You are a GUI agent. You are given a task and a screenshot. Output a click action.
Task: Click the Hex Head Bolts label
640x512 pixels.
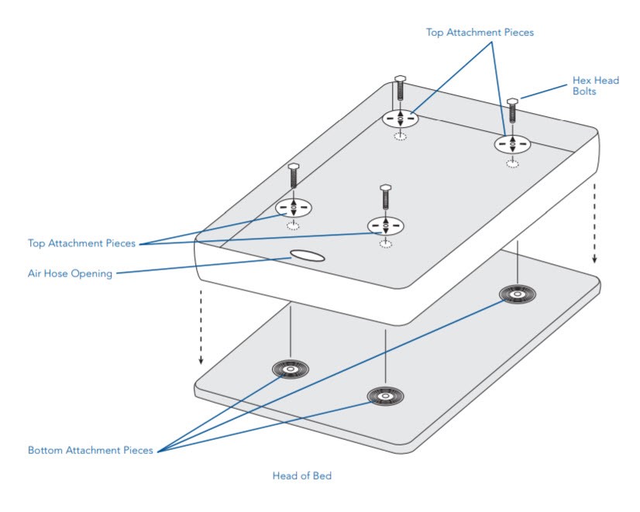[x=595, y=86]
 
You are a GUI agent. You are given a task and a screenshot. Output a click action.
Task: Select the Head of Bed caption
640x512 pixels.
[x=301, y=476]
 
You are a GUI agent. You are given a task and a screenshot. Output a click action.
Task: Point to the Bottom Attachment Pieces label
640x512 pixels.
[x=91, y=450]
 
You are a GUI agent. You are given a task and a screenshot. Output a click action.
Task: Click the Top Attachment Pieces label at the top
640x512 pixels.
[x=480, y=33]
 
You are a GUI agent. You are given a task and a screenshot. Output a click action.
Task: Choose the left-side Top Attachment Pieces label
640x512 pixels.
[x=81, y=243]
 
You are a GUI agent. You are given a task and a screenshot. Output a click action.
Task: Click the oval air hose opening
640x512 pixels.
[x=307, y=256]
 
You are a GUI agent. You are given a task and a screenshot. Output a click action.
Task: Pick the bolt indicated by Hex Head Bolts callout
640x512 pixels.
[x=512, y=115]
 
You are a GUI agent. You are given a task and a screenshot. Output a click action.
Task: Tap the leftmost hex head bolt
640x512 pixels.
[x=294, y=176]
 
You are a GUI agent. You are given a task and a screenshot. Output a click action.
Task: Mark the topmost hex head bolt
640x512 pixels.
[x=400, y=90]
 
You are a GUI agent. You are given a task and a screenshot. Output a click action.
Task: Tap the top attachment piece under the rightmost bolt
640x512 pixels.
[x=512, y=144]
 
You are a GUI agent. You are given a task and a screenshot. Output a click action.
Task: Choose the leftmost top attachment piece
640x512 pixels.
[x=294, y=208]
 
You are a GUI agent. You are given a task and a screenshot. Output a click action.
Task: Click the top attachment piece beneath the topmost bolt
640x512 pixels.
[x=400, y=119]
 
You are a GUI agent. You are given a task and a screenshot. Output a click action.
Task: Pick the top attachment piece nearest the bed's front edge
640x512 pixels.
[x=386, y=225]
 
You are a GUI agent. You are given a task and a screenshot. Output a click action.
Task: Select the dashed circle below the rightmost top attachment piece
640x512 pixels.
[x=513, y=163]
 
